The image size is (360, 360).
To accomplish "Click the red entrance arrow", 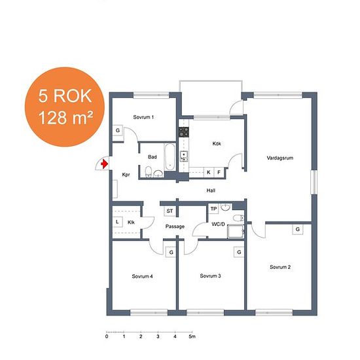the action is pos(104,164).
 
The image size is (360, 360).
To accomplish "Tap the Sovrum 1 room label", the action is pos(143,117).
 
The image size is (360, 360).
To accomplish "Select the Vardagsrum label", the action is pos(280,158).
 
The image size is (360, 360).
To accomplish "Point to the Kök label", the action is pos(217,143).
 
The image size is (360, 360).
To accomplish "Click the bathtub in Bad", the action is pos(170,157).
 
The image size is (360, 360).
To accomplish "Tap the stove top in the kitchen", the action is pos(184,132).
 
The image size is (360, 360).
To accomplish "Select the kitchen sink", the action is pos(184,156).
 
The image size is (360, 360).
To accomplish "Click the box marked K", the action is pos(209,172).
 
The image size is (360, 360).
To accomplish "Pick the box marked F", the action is pos(219,172).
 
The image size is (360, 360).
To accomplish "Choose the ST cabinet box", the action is pos(170,211).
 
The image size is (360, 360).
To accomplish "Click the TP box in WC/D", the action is pos(213,209).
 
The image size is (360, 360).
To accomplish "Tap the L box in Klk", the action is pos(117,222).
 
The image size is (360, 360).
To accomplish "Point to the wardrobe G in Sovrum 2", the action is pos(298,229).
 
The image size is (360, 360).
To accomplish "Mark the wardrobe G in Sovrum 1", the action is pos(118,130).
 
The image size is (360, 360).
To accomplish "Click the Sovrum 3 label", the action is pos(210,276).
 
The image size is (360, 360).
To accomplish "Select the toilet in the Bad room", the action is pos(149,171).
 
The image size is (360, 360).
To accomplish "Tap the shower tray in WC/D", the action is pos(236,232).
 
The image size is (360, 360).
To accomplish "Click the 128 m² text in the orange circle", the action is pos(65,117).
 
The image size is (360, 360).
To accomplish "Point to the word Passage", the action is pos(175,226).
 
